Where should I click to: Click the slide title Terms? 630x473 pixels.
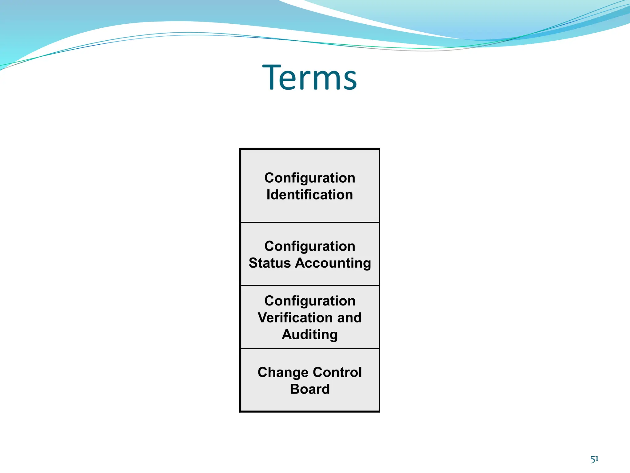click(x=309, y=77)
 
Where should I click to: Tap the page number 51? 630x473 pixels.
click(x=594, y=459)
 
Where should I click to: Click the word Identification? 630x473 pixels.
click(x=309, y=195)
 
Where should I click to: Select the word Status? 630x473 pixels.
click(x=269, y=263)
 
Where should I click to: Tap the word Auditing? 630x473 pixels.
click(x=309, y=335)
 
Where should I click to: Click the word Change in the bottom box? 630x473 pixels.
click(x=282, y=372)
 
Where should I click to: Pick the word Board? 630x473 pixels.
click(x=309, y=389)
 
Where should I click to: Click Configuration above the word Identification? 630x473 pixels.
click(x=309, y=178)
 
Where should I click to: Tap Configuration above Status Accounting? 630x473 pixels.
click(x=309, y=246)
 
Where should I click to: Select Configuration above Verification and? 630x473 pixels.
click(x=309, y=301)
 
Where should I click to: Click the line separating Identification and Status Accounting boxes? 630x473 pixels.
click(x=309, y=222)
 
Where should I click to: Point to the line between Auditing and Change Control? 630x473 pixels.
click(x=309, y=349)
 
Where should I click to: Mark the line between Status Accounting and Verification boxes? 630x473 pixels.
click(x=309, y=285)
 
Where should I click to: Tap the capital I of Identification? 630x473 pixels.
click(x=268, y=195)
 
